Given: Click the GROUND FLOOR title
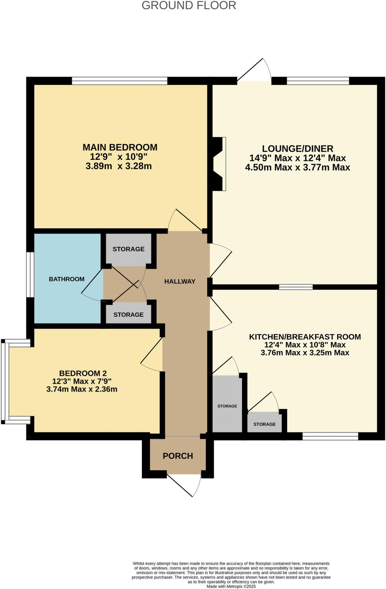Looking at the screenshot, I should click(189, 6).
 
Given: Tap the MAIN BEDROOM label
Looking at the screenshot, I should click(120, 148).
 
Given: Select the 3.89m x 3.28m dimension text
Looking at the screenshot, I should click(119, 166).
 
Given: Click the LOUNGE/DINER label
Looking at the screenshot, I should click(297, 149).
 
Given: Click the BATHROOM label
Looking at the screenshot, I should click(66, 279).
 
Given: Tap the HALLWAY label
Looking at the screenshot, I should click(180, 282).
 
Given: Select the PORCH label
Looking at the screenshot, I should click(178, 456).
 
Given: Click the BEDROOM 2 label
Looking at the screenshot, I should click(83, 373).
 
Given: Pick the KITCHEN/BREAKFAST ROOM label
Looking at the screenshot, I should click(305, 337).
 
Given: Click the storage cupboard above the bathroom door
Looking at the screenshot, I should click(128, 249).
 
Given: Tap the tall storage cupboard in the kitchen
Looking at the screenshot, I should click(227, 404).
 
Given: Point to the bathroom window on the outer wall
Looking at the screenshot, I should click(30, 275).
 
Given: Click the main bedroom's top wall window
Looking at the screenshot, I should click(119, 81).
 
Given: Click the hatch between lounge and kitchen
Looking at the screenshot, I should click(296, 287).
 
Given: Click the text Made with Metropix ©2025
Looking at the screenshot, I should click(231, 586).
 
